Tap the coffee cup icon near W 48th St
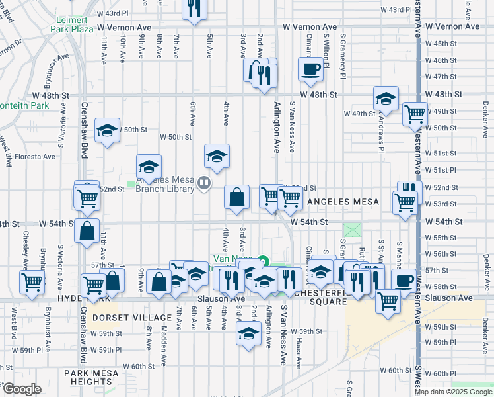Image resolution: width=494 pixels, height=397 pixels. pos(310,69)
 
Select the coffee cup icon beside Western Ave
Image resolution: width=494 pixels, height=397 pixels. pos(403,280)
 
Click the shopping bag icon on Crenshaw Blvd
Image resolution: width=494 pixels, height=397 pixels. pos(87,231)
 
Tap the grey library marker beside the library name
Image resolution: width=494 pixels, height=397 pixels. pos(205,183)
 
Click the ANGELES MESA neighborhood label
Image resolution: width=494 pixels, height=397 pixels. pos(340,202)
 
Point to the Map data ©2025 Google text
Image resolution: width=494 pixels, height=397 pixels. pos(453,392)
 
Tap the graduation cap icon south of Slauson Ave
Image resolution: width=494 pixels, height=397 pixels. pos(248,333)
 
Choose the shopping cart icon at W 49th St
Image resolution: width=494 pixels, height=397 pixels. pos(415,114)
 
